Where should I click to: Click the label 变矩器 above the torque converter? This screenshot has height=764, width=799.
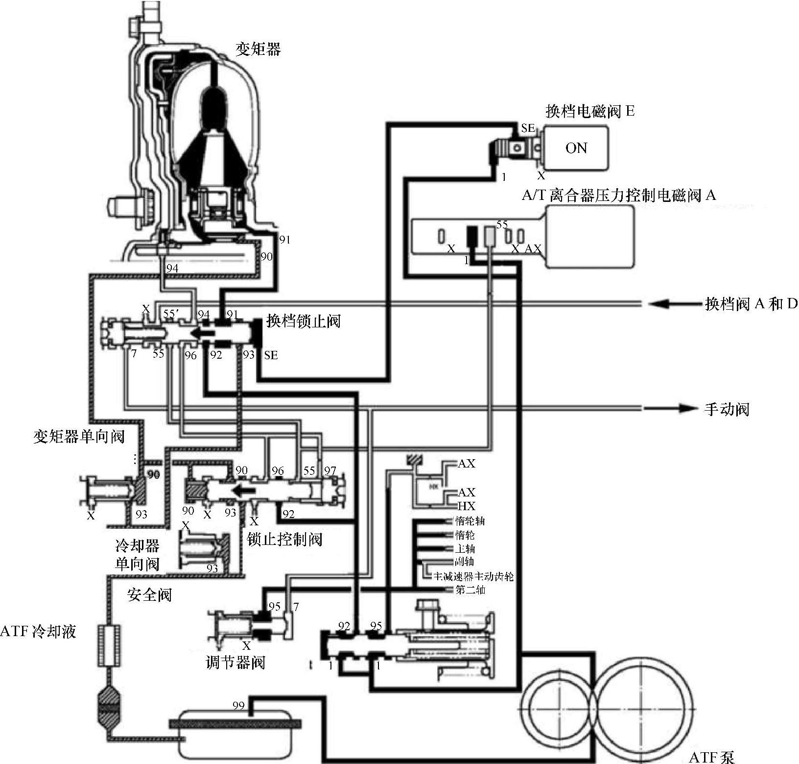pyautogui.click(x=258, y=49)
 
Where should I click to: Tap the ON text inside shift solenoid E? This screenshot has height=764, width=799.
pyautogui.click(x=576, y=148)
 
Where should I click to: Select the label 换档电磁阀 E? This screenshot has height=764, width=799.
pyautogui.click(x=590, y=112)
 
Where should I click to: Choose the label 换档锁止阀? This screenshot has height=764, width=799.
pyautogui.click(x=303, y=321)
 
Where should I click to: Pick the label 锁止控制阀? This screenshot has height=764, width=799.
pyautogui.click(x=284, y=540)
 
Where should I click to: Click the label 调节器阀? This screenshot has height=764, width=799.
pyautogui.click(x=235, y=663)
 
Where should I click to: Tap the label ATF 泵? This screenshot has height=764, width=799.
pyautogui.click(x=711, y=758)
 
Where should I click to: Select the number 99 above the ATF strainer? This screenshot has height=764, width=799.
pyautogui.click(x=238, y=706)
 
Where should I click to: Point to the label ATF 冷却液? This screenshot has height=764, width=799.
pyautogui.click(x=38, y=631)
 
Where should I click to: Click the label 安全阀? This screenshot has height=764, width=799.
pyautogui.click(x=149, y=595)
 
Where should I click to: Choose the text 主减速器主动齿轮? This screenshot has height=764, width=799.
pyautogui.click(x=473, y=576)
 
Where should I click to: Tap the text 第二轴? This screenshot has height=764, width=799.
pyautogui.click(x=470, y=590)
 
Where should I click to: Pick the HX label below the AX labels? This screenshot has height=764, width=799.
pyautogui.click(x=466, y=506)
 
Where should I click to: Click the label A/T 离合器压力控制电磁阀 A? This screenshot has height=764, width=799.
pyautogui.click(x=619, y=196)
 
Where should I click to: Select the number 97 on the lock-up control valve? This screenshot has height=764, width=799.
pyautogui.click(x=330, y=471)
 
